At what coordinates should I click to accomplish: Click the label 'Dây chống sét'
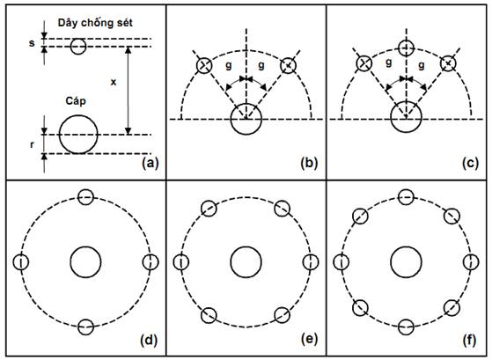click(x=95, y=23)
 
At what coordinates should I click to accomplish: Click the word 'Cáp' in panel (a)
click(x=76, y=101)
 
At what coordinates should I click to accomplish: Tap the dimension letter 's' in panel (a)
click(x=32, y=43)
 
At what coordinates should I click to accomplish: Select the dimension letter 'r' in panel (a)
click(x=32, y=145)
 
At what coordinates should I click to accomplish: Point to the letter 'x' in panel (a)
click(x=114, y=82)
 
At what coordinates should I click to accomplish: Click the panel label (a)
click(x=151, y=164)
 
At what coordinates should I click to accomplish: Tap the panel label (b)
click(x=309, y=164)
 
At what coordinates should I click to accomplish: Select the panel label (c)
click(x=470, y=164)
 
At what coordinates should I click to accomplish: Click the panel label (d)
click(x=149, y=340)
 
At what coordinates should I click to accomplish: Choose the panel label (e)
click(x=309, y=340)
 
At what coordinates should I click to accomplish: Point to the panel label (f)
click(x=469, y=340)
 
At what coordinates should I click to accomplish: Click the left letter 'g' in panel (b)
click(x=229, y=65)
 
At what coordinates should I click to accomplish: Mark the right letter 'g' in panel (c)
click(x=422, y=65)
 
